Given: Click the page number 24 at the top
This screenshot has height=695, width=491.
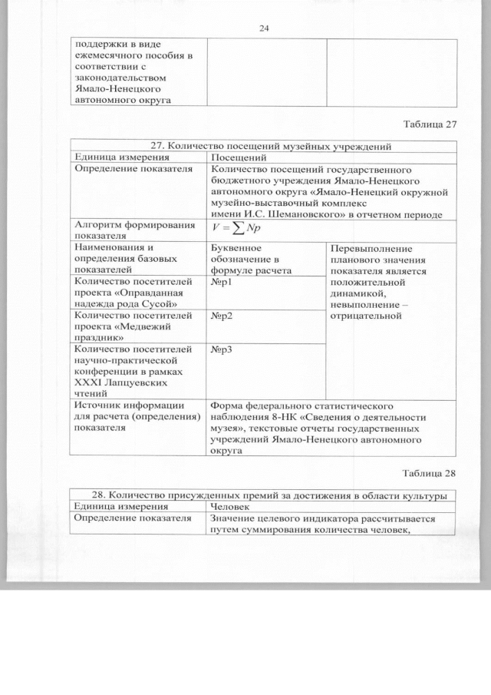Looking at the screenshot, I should [x=265, y=28].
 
